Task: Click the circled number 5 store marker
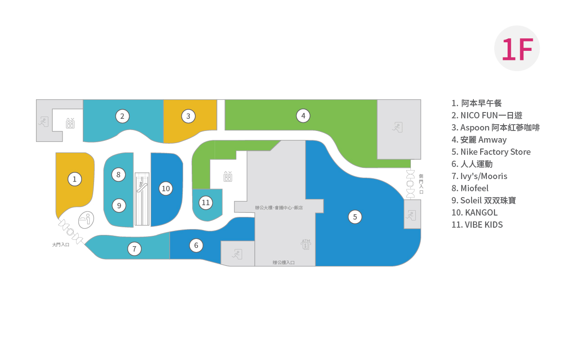click(x=355, y=217)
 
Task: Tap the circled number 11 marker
click(x=206, y=202)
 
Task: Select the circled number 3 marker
click(x=188, y=116)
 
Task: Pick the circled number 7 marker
click(x=134, y=249)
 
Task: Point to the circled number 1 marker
click(x=75, y=179)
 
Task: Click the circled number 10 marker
click(x=166, y=189)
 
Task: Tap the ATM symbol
click(x=306, y=244)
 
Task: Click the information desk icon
click(x=86, y=220)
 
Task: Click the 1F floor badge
click(x=517, y=48)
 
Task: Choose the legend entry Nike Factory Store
click(x=491, y=152)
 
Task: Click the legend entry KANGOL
click(x=474, y=212)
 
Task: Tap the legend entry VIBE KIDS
click(x=477, y=225)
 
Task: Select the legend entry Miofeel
click(x=470, y=188)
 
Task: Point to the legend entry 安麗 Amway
click(x=479, y=139)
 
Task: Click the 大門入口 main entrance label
click(x=61, y=244)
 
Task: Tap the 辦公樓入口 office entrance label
click(x=283, y=262)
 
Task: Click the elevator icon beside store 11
click(x=228, y=176)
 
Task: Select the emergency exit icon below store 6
click(x=237, y=254)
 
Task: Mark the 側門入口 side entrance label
click(x=421, y=184)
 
